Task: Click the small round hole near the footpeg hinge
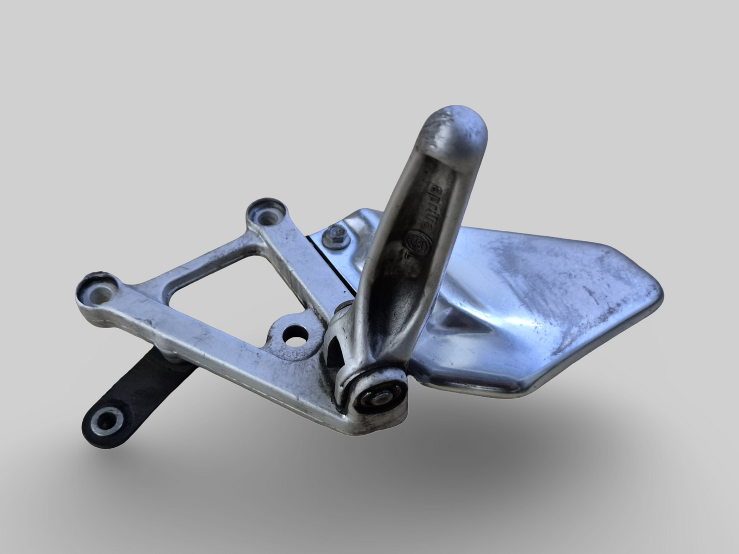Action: click(295, 335)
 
